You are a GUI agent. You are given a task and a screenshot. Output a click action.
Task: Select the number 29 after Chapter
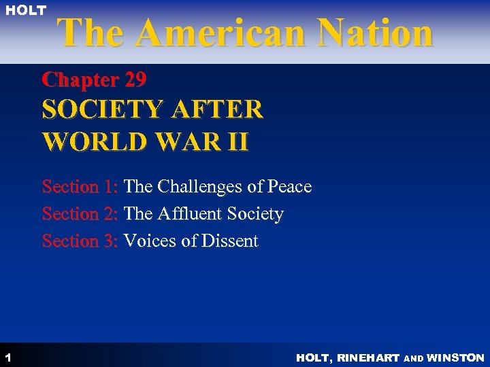pyautogui.click(x=135, y=80)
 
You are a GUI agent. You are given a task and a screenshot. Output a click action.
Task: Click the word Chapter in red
pyautogui.click(x=80, y=80)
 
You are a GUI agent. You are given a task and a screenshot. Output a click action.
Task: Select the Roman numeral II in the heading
pyautogui.click(x=238, y=143)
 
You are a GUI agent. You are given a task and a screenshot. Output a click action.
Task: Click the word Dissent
pyautogui.click(x=227, y=241)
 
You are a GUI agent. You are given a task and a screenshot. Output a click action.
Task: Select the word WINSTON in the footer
pyautogui.click(x=455, y=357)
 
